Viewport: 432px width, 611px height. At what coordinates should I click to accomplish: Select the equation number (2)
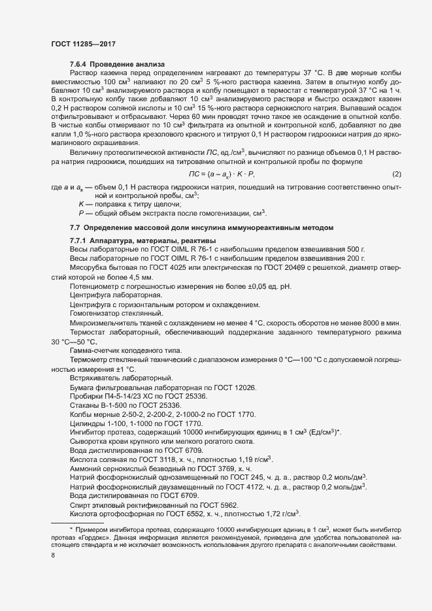point(396,192)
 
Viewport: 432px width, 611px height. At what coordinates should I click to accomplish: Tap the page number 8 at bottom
point(52,555)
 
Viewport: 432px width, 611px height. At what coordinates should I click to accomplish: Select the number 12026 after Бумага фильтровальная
point(243,388)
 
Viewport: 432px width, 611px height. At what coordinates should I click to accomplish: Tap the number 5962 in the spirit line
point(237,506)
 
